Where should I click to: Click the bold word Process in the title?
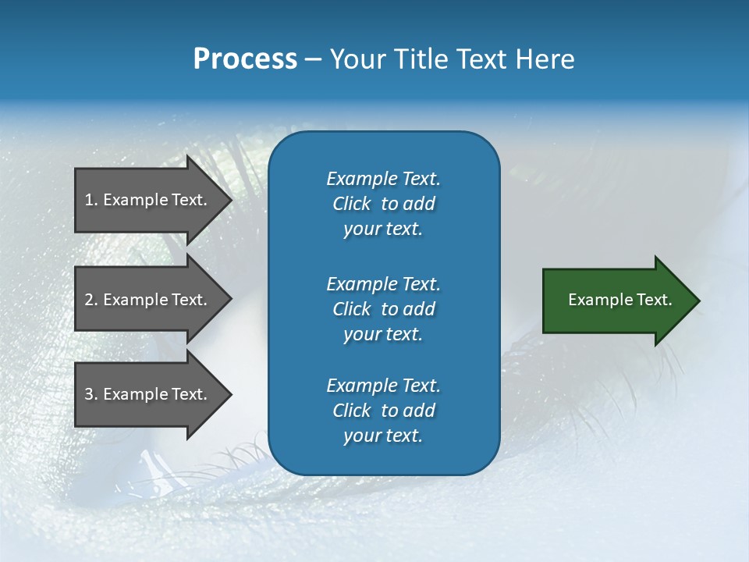[245, 59]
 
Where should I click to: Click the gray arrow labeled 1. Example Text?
[148, 200]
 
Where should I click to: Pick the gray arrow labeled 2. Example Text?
[148, 300]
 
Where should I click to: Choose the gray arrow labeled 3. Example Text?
[148, 394]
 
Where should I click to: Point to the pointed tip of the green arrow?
[698, 301]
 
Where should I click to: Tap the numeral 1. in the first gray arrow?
[91, 200]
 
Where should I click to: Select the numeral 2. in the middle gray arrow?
[91, 300]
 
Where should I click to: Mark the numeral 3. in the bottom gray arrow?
[91, 394]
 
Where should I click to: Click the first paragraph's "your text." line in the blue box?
[383, 229]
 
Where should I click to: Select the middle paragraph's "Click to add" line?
[384, 309]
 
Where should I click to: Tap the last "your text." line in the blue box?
[383, 436]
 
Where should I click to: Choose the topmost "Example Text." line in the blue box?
[384, 179]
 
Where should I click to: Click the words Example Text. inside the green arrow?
[620, 300]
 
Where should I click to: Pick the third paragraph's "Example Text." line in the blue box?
[384, 386]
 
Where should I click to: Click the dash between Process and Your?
[313, 60]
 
